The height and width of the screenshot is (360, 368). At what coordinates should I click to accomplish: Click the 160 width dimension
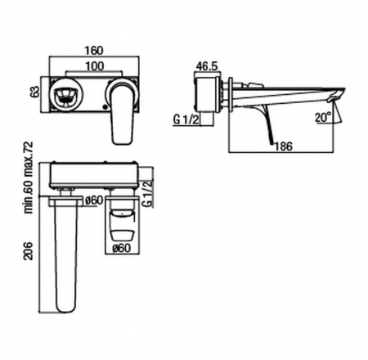tap(94, 51)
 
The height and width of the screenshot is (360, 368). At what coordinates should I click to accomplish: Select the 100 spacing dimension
tap(95, 66)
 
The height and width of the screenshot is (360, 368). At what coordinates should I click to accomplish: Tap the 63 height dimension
tap(35, 92)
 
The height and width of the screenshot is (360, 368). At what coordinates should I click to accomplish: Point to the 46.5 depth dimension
tap(207, 66)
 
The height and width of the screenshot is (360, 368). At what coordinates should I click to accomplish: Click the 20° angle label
tap(324, 117)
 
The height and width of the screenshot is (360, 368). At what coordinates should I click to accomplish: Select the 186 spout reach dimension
tap(284, 146)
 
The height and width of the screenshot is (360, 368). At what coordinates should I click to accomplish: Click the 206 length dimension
tap(29, 251)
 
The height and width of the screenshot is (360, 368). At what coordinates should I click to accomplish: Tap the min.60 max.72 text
tap(29, 178)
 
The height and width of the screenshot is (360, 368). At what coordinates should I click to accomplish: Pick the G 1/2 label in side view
tap(186, 119)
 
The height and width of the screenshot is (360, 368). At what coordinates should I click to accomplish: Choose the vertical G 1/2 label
tap(147, 194)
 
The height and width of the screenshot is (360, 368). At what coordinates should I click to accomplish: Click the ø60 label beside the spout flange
tap(94, 200)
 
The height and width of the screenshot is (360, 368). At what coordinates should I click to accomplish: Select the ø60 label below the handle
tap(122, 248)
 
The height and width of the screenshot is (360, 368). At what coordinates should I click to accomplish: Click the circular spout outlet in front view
tap(66, 94)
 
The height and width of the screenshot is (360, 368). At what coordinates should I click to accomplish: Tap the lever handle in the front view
tap(123, 111)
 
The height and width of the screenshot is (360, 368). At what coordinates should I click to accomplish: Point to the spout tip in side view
tap(337, 95)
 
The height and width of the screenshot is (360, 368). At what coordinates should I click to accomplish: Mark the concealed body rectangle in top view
tap(94, 175)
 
